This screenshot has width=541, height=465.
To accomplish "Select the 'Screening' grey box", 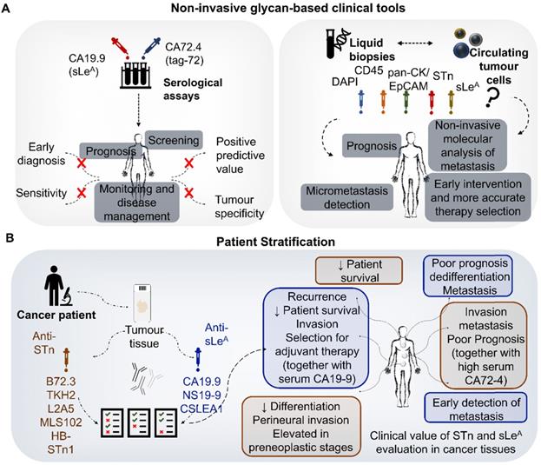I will (x=174, y=138).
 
